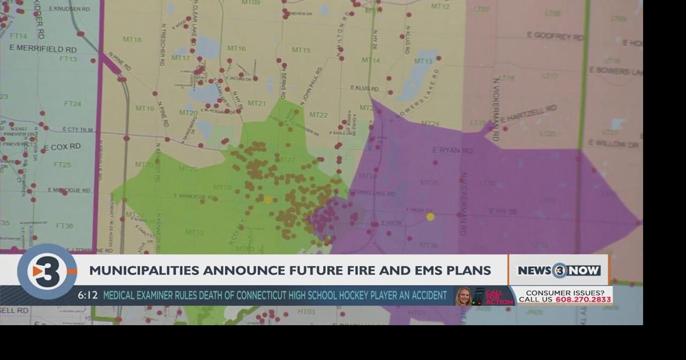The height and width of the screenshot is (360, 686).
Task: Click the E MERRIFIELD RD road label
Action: point(43,49)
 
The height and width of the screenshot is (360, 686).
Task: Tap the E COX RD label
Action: point(62,146)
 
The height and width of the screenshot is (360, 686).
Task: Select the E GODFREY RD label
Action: point(555,36)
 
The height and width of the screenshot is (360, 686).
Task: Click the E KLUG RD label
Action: point(364,88)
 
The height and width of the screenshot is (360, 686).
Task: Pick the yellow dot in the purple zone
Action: point(430,217)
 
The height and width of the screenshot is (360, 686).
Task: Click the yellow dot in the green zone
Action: point(268,200)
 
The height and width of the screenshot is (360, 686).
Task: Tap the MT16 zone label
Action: point(236,49)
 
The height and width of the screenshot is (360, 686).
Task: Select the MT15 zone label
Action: point(301,50)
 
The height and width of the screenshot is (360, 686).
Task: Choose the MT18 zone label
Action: point(132,40)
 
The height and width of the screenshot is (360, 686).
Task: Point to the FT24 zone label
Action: point(73,104)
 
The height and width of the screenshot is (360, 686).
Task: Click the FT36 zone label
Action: point(64,226)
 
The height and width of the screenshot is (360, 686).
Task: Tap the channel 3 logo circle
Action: point(47,272)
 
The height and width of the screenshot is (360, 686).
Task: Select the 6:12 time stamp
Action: point(87,296)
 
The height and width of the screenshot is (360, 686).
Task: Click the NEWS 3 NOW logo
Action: point(559,271)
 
